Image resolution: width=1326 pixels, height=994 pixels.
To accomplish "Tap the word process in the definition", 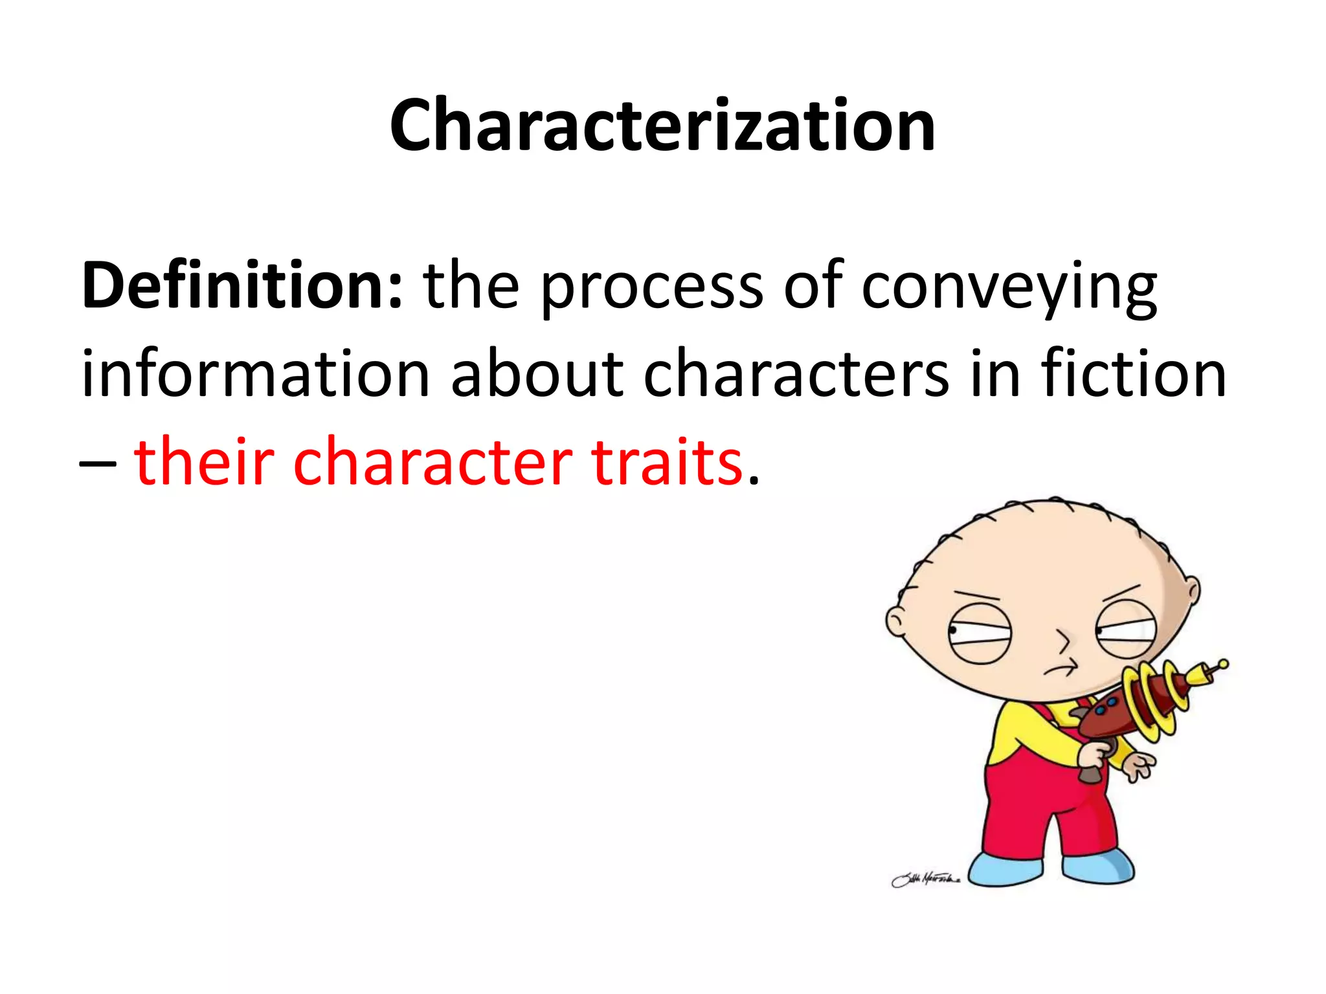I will (x=651, y=289).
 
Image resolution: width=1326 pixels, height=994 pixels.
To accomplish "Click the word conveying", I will (x=1009, y=289).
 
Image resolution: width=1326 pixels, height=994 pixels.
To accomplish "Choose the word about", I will (x=537, y=374).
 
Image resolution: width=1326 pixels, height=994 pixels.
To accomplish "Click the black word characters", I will (x=796, y=374).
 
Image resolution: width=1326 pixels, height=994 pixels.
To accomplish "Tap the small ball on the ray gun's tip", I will (x=1223, y=663).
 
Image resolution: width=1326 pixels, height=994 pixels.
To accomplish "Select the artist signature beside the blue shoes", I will (x=925, y=879).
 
